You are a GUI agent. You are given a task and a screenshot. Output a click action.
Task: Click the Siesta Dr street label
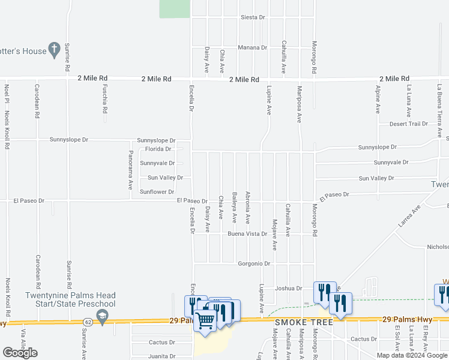tap(252, 17)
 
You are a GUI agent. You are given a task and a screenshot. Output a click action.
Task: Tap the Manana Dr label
tap(252, 47)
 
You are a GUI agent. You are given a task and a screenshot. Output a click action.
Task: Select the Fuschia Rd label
tap(105, 100)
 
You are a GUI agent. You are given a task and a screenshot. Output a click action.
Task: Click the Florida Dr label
tap(158, 149)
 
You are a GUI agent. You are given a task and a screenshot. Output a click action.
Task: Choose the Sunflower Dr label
tap(157, 192)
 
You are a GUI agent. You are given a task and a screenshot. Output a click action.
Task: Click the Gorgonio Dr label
tap(254, 263)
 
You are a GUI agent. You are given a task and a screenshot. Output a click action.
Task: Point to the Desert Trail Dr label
tap(408, 124)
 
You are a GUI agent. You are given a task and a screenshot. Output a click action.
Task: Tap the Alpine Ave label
tap(378, 100)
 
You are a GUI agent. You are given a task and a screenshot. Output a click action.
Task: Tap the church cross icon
tap(54, 49)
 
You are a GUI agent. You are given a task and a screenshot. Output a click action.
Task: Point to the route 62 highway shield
tap(88, 322)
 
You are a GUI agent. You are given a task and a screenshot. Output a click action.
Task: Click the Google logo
tap(20, 353)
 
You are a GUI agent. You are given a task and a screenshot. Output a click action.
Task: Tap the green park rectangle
tap(175, 8)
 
